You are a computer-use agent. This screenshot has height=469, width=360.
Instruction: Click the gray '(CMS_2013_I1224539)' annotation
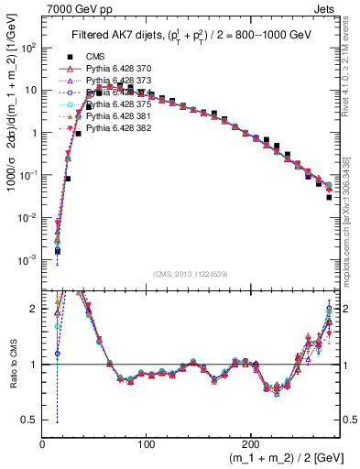tap(190, 275)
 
